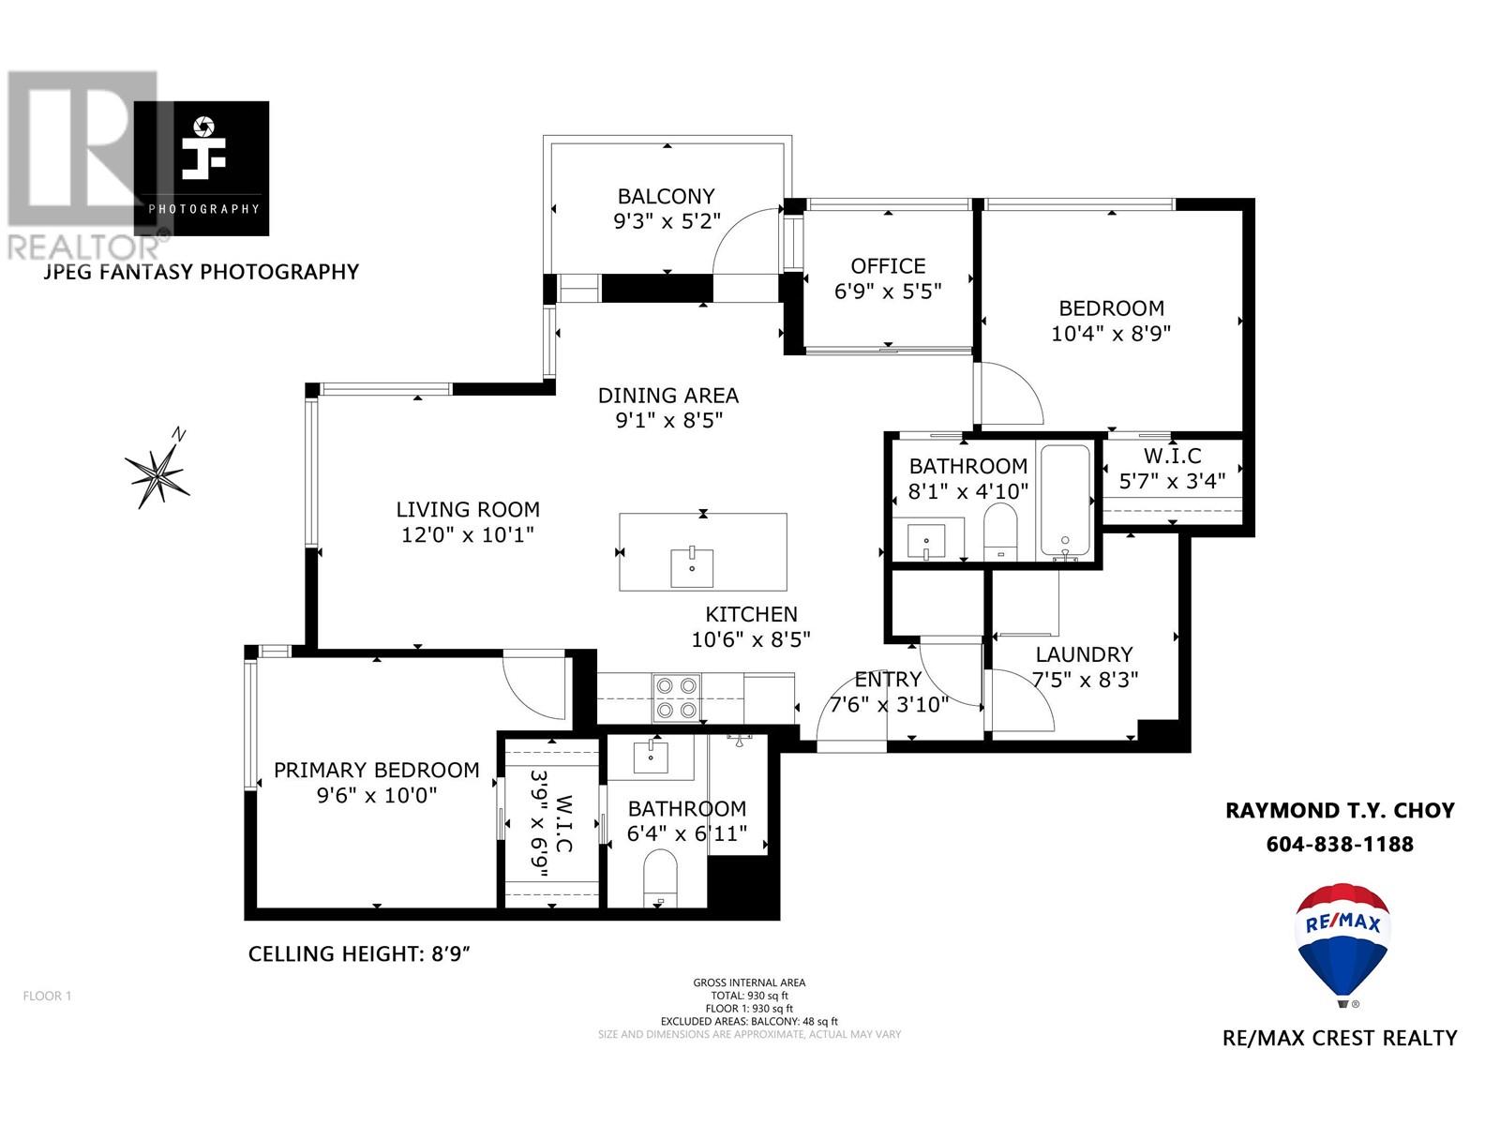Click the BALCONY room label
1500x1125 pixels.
[666, 196]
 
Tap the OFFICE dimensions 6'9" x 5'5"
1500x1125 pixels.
[888, 292]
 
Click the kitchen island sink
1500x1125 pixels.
[692, 566]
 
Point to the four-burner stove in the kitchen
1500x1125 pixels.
[677, 698]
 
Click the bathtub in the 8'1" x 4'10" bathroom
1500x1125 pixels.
[1064, 502]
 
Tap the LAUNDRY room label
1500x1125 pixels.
[1084, 654]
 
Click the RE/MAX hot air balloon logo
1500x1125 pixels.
[1343, 942]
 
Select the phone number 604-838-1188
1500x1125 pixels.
[1339, 844]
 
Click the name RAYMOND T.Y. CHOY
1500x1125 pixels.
[1340, 810]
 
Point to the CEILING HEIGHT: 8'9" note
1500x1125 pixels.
[358, 954]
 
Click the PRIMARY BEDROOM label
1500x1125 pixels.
[376, 770]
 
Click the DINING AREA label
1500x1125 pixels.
[668, 396]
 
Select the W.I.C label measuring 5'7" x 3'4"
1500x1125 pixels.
[1172, 457]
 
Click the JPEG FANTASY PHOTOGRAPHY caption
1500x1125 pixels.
[202, 272]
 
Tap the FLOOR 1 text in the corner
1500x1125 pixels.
[47, 996]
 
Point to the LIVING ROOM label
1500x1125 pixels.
[468, 510]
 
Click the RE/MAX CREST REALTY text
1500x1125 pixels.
[1340, 1038]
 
